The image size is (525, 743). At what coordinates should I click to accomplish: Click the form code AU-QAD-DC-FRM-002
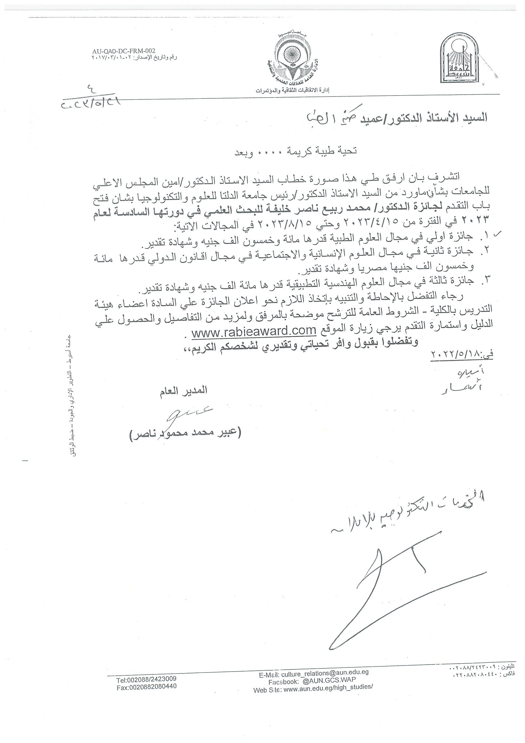pyautogui.click(x=124, y=51)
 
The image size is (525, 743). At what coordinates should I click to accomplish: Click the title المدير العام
pyautogui.click(x=183, y=391)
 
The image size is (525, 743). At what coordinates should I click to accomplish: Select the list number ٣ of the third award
pyautogui.click(x=484, y=280)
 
